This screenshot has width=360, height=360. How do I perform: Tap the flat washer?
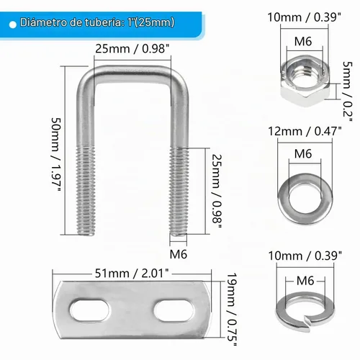point(283,200)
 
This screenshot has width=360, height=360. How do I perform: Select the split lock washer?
point(281,312)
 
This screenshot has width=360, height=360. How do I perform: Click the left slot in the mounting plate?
point(89,311)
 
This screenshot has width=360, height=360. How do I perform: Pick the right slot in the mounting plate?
point(174,310)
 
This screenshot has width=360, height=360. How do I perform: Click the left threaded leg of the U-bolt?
point(86,191)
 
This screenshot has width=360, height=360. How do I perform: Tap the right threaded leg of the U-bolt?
point(179,192)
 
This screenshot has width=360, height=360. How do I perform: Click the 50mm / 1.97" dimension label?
point(56,155)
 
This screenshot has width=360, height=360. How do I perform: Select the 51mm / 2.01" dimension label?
point(132,274)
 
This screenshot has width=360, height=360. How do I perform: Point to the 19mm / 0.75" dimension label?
point(232,309)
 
